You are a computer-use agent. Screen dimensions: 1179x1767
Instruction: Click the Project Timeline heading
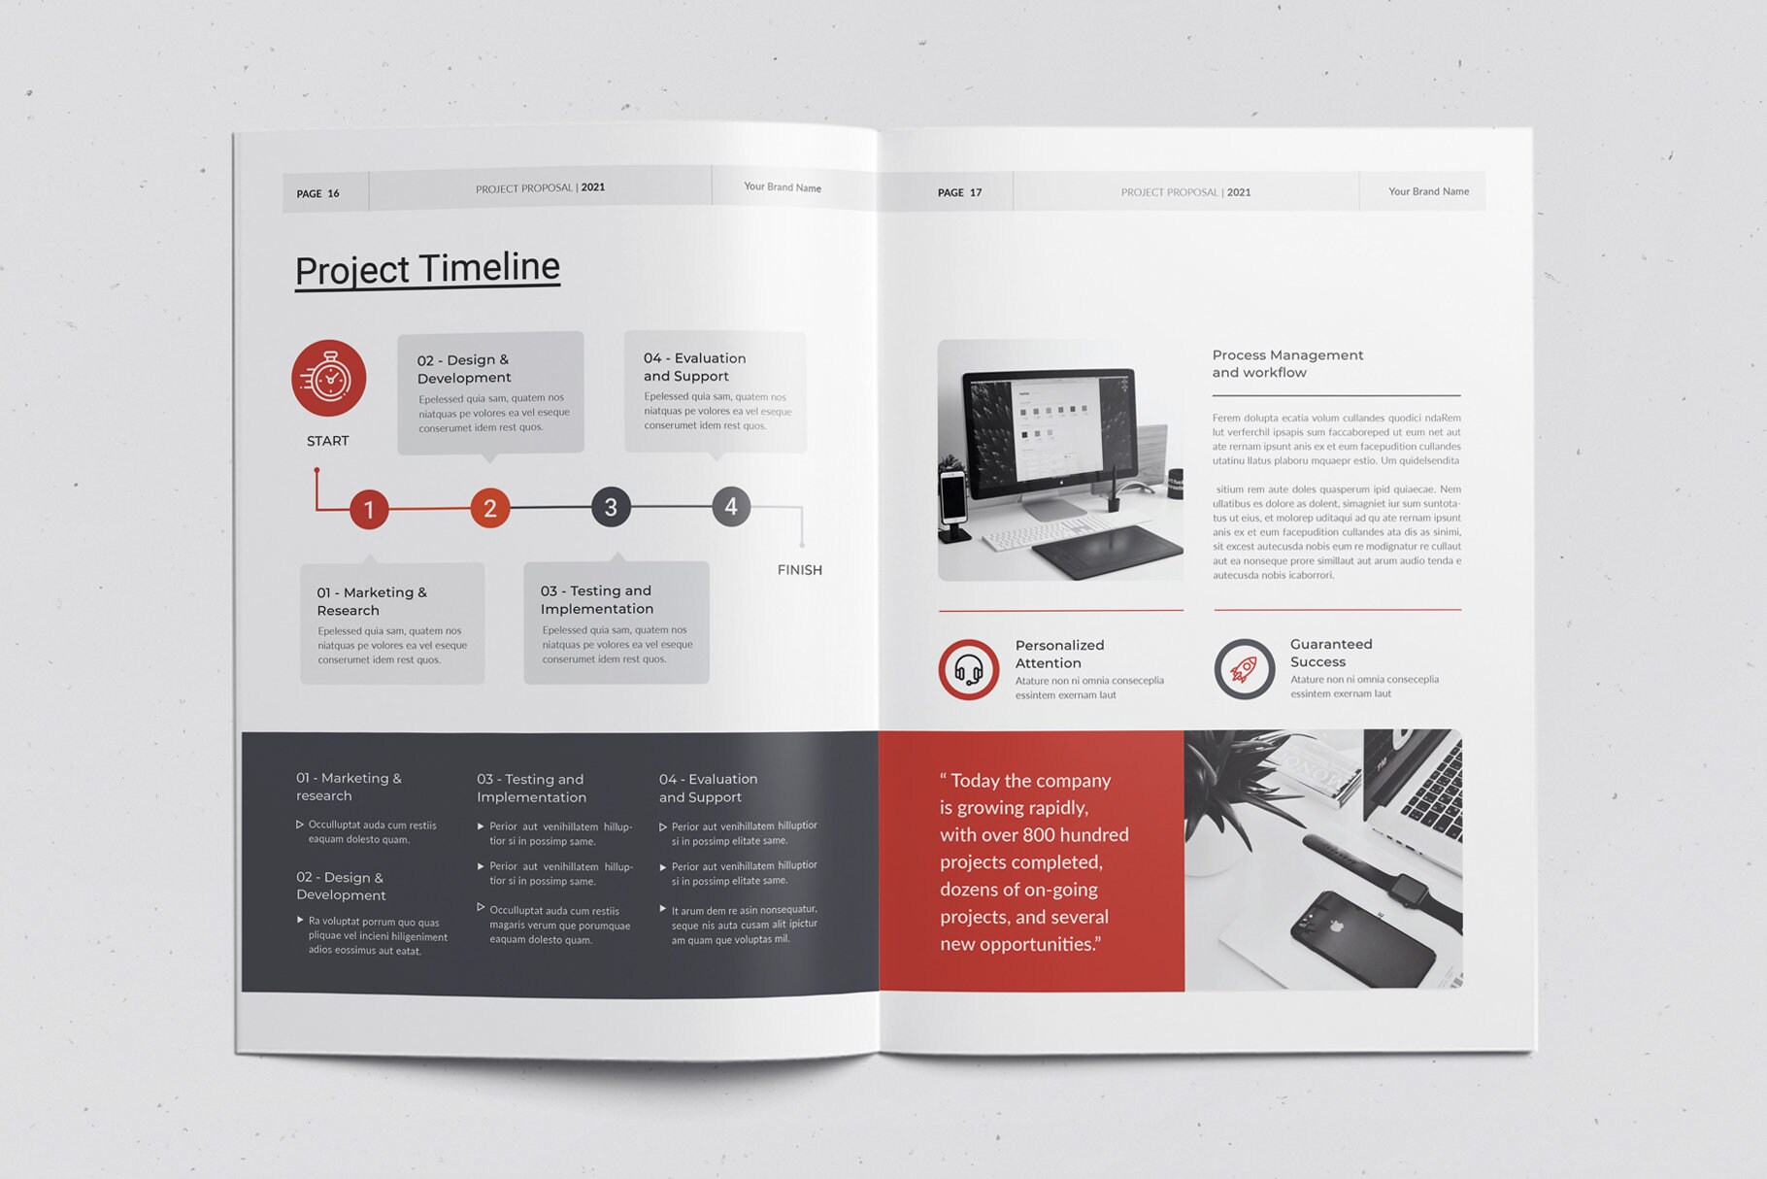(427, 268)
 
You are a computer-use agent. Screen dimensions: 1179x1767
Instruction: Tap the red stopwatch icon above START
(329, 378)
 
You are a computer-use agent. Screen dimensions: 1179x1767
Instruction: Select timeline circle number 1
(369, 509)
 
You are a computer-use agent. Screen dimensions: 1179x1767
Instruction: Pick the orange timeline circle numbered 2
(490, 508)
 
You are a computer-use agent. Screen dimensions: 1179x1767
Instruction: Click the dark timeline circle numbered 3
(611, 507)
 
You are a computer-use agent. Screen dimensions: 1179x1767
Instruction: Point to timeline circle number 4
(731, 506)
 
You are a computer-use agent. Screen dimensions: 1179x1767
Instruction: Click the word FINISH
(799, 570)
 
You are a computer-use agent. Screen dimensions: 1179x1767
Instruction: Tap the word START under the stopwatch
(328, 441)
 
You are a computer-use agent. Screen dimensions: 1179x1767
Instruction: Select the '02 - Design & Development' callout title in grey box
(464, 369)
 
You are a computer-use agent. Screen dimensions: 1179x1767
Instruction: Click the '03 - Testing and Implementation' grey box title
(597, 599)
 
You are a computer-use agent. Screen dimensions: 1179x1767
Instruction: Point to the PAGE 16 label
(317, 193)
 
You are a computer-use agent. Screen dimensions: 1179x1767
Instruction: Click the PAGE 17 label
(959, 192)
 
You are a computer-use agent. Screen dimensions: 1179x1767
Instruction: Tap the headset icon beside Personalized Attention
(969, 669)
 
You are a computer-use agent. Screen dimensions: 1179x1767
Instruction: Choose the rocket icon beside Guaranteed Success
(1244, 669)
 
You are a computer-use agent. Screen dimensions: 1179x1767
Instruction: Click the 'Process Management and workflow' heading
(1287, 363)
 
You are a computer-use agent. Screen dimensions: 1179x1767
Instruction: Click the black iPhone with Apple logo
(1361, 937)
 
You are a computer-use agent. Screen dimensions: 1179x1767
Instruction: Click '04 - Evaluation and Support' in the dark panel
(708, 788)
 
